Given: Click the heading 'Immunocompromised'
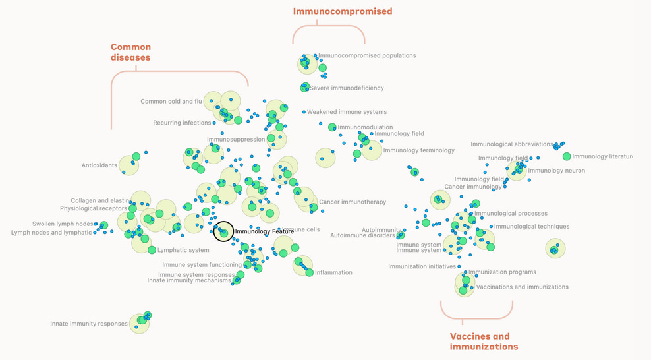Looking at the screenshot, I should point(343,11).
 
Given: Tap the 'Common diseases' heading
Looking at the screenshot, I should point(130,52).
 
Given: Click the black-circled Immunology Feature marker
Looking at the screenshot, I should point(223,231).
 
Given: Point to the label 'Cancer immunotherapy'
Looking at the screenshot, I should point(353,202).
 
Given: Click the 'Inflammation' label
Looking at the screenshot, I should point(333,272).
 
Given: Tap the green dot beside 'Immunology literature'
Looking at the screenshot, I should point(567,156).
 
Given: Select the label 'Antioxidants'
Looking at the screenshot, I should point(99,165).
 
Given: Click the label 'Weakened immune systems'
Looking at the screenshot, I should point(347,112).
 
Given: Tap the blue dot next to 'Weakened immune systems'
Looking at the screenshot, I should point(304,112).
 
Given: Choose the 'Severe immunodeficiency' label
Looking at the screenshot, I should point(347,88).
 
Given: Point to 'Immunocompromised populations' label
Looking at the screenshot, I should point(367,56).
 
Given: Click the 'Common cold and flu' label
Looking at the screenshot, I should point(171,102).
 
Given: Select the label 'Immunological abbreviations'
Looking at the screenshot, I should point(511,144).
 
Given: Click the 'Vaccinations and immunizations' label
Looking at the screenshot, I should point(522,287).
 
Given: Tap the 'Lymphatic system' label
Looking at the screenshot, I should point(183,250).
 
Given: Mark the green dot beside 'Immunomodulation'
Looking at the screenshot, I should point(332,127).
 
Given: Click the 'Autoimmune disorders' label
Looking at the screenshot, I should point(362,235).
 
